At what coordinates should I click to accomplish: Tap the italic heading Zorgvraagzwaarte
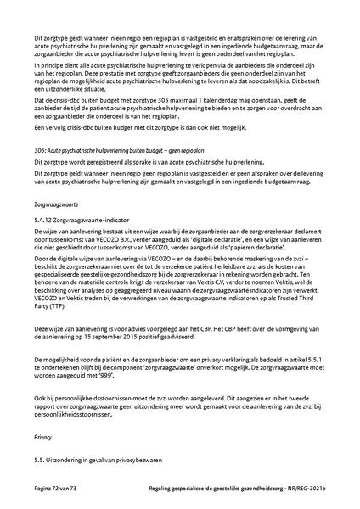(x=57, y=205)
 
